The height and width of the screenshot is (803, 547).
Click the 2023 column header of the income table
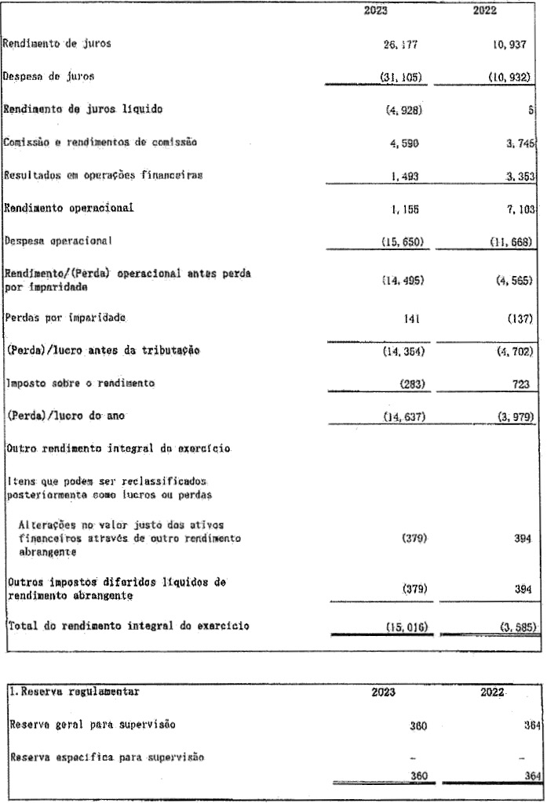[x=387, y=11]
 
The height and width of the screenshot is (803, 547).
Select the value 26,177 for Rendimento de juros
[x=400, y=45]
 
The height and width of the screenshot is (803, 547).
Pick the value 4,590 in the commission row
[x=403, y=143]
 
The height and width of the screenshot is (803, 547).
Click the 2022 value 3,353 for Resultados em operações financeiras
[x=516, y=176]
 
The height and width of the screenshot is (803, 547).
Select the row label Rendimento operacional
[x=69, y=209]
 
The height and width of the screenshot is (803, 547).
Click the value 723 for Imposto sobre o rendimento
[x=524, y=383]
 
